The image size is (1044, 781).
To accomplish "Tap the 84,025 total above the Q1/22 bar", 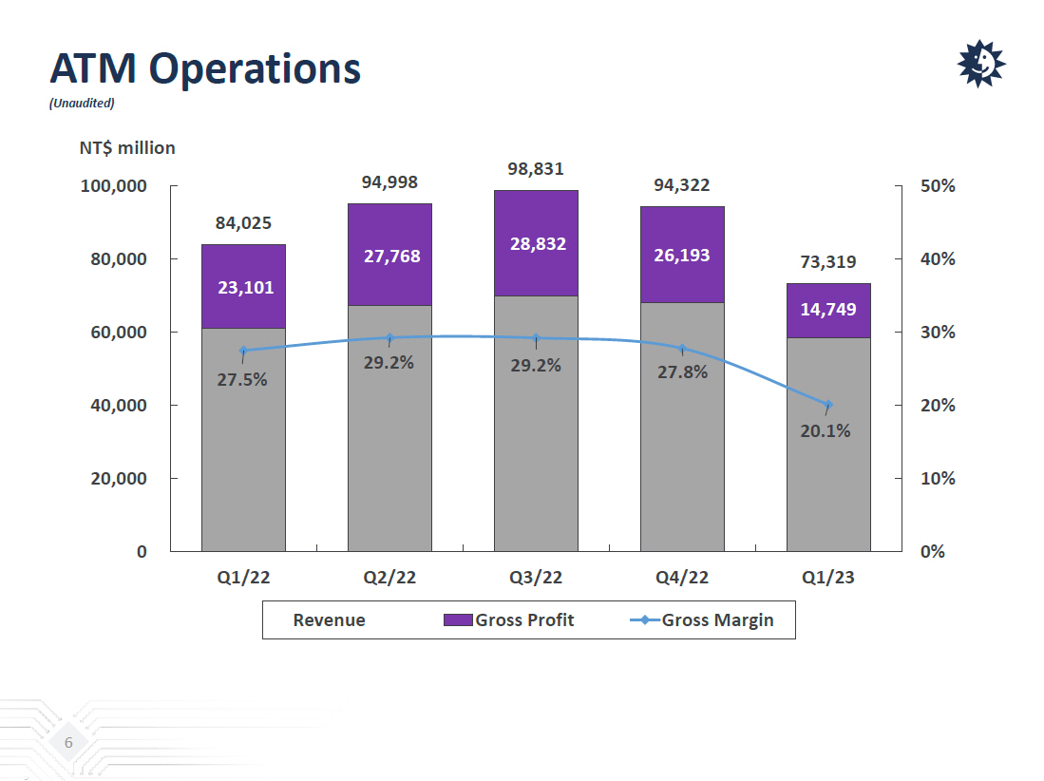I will click(x=243, y=223).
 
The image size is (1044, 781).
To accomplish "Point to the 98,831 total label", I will click(x=536, y=169).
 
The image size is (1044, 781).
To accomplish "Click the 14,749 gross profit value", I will click(x=828, y=309).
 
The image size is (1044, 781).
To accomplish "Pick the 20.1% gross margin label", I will click(x=825, y=430).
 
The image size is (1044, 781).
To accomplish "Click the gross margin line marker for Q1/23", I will click(x=828, y=405).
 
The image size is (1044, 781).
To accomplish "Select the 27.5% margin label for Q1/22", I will click(x=242, y=380).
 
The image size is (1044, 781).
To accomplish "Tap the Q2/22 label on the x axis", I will click(x=389, y=577).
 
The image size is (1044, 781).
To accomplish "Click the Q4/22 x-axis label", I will click(x=682, y=577).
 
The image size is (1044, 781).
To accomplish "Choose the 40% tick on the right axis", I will click(x=938, y=259).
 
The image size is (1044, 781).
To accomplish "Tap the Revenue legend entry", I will click(x=329, y=620).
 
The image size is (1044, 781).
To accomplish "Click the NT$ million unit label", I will click(x=127, y=147).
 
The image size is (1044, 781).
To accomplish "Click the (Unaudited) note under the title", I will click(x=82, y=103).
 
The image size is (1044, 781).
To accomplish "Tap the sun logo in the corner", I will click(x=980, y=64).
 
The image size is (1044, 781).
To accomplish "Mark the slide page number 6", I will click(x=68, y=742).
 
